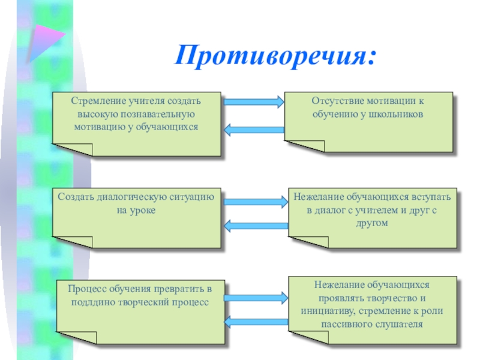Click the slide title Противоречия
click(x=277, y=56)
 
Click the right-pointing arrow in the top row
click(x=254, y=102)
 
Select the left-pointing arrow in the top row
click(x=254, y=129)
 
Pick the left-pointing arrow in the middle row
click(x=255, y=226)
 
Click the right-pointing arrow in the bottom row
click(x=257, y=296)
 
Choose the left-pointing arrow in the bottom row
click(x=257, y=322)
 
